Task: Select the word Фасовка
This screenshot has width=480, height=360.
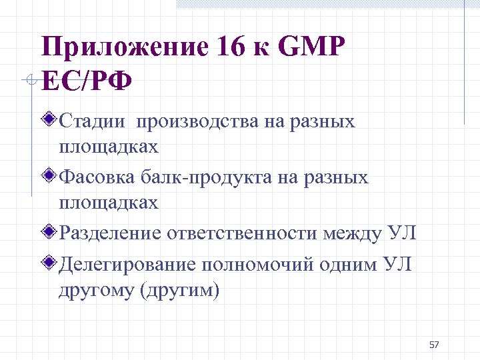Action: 98,178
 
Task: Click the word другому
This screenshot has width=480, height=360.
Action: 95,292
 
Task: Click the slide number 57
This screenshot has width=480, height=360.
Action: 435,345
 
